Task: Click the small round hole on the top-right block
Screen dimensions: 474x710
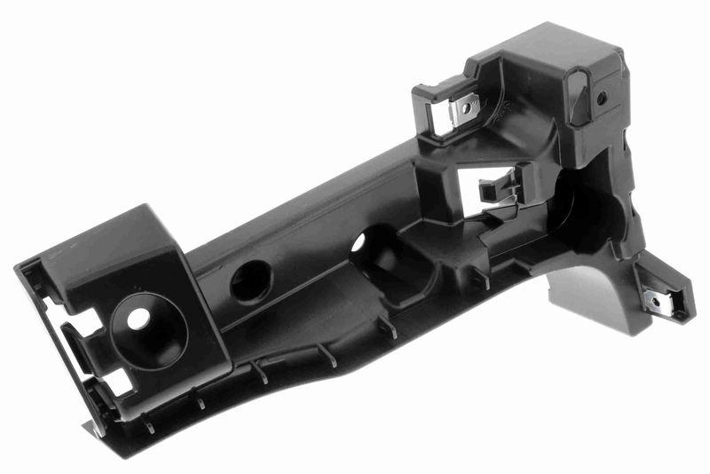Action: [x=602, y=99]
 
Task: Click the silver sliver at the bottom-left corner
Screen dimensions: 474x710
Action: [x=94, y=431]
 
